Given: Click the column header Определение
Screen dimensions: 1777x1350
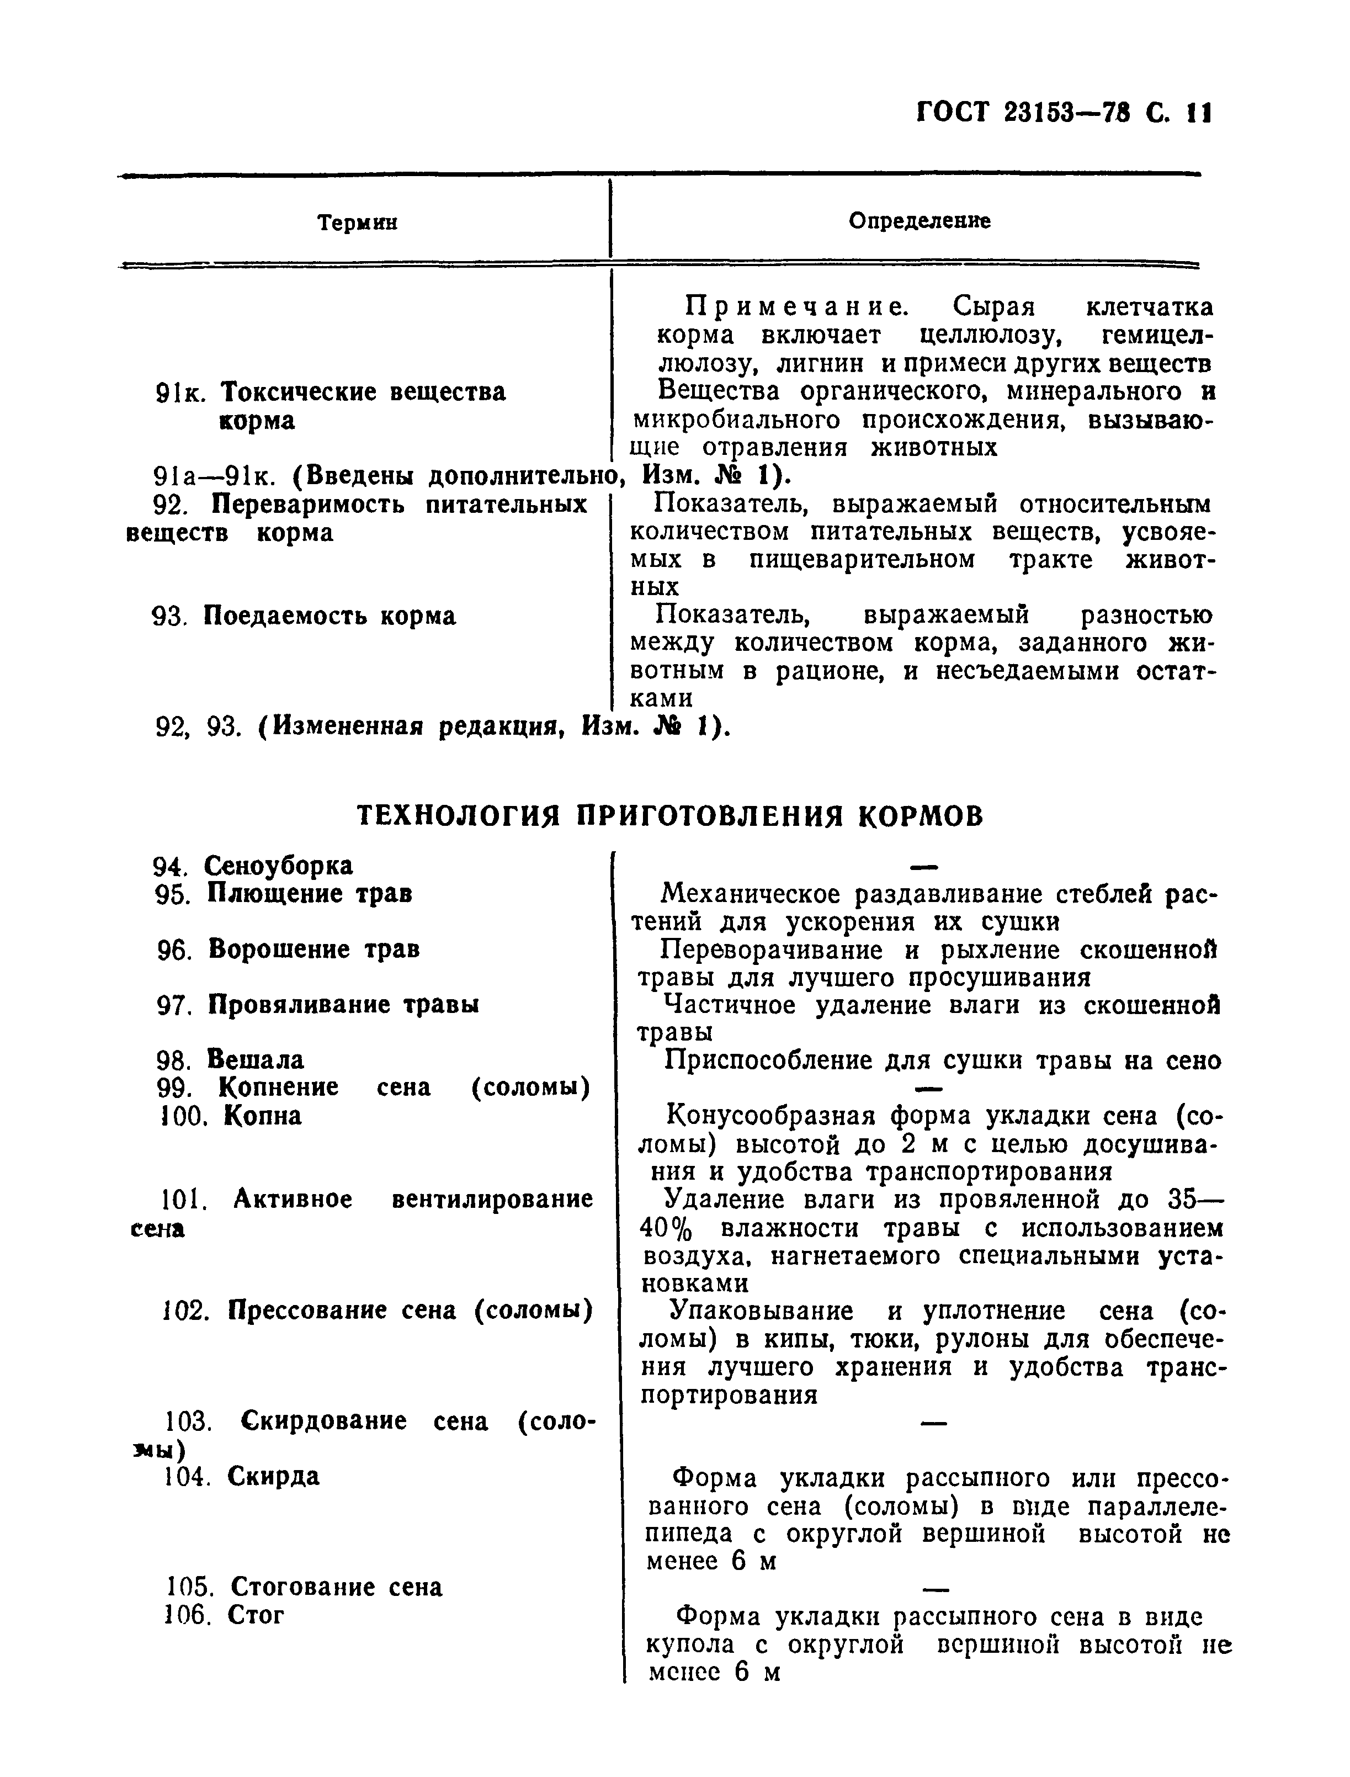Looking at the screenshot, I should coord(920,220).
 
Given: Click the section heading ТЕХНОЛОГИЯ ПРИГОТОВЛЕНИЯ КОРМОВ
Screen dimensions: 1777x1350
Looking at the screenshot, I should coord(669,816).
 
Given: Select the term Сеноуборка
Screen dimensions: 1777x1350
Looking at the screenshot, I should coord(278,866).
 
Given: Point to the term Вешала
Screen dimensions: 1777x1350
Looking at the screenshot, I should coord(256,1059).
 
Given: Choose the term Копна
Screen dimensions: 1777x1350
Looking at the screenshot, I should coord(262,1116).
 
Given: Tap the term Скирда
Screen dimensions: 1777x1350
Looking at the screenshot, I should coord(273,1476).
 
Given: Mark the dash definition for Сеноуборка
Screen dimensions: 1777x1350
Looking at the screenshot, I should coord(924,866).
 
